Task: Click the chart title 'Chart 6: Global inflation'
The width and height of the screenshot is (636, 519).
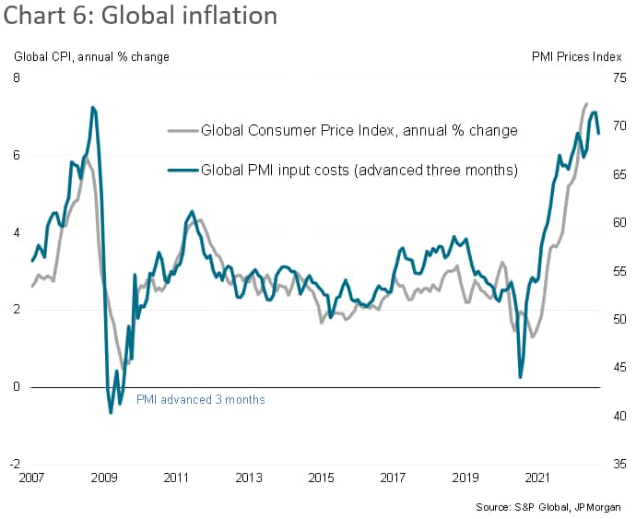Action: (x=141, y=18)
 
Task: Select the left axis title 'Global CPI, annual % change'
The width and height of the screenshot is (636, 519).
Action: (x=91, y=57)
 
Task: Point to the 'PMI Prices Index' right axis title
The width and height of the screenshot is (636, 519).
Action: (x=576, y=57)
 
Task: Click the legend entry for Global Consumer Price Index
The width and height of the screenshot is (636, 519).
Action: (x=359, y=130)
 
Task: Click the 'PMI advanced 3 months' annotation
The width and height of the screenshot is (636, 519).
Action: (x=200, y=400)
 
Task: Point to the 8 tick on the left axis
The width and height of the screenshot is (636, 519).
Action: (x=17, y=77)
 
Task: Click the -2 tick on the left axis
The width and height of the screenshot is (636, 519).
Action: (x=15, y=465)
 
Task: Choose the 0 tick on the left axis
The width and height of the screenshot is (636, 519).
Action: (x=17, y=387)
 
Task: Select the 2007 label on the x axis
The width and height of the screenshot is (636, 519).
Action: (x=31, y=478)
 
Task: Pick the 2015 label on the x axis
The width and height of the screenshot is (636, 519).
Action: (x=320, y=478)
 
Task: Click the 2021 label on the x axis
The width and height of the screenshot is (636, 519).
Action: (x=537, y=478)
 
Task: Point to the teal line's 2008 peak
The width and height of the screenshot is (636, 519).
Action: (x=92, y=108)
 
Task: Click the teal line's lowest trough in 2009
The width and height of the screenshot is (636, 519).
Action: (x=111, y=412)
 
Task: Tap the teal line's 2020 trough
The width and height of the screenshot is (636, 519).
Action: (x=520, y=377)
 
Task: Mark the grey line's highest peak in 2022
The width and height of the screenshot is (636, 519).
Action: (x=587, y=103)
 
